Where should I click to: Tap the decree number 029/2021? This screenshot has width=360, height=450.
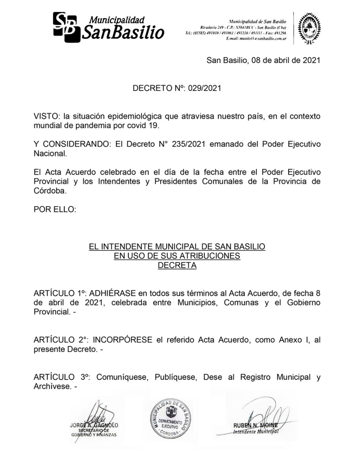tap(205, 88)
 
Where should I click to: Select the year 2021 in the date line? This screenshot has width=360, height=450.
tap(311, 60)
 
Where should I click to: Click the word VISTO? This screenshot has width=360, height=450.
tap(47, 116)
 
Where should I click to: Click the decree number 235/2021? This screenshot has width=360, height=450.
tap(188, 144)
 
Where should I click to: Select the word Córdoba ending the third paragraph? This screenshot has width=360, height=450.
tap(50, 191)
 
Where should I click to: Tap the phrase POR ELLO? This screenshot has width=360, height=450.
tap(54, 210)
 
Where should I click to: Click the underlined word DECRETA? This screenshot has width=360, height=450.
tap(177, 265)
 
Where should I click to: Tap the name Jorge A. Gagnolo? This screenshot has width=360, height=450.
tap(94, 425)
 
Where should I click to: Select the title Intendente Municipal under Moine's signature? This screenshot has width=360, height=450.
tap(256, 432)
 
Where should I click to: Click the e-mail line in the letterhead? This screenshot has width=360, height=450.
tap(256, 38)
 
